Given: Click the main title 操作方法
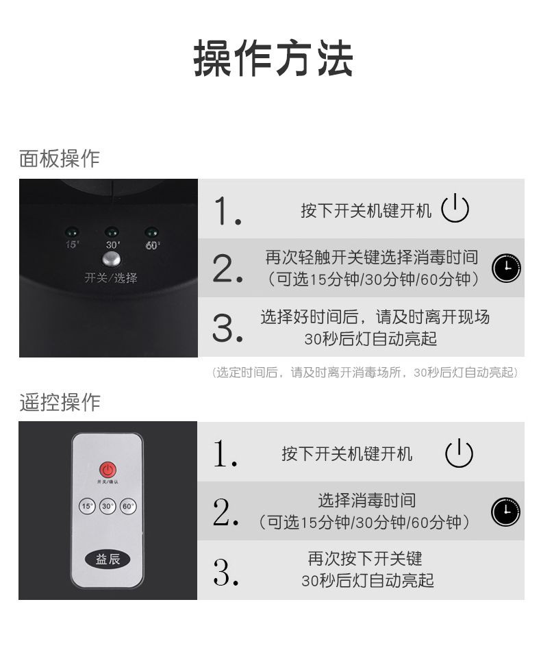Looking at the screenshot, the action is pyautogui.click(x=273, y=58).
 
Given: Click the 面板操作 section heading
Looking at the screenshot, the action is pyautogui.click(x=60, y=158).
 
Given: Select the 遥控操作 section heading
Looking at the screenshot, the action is pyautogui.click(x=60, y=402).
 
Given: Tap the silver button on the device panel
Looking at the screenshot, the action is pyautogui.click(x=112, y=259).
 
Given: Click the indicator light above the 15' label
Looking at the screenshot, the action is pyautogui.click(x=72, y=232).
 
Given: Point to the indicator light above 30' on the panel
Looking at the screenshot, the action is pyautogui.click(x=112, y=232).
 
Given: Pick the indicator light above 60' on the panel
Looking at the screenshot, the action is pyautogui.click(x=151, y=232).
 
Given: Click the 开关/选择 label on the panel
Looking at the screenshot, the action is pyautogui.click(x=111, y=277).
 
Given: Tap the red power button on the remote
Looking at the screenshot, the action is pyautogui.click(x=108, y=470).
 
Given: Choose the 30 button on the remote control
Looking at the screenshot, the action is pyautogui.click(x=108, y=506).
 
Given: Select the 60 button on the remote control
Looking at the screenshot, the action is pyautogui.click(x=128, y=506).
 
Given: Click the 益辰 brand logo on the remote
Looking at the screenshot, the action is pyautogui.click(x=108, y=560).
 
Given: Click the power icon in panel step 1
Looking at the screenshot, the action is pyautogui.click(x=455, y=208).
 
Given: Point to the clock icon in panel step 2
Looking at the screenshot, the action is pyautogui.click(x=507, y=268).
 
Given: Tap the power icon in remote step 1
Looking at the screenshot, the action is pyautogui.click(x=459, y=453).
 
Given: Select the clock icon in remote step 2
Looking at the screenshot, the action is pyautogui.click(x=505, y=512).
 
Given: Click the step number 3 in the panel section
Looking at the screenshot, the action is pyautogui.click(x=227, y=329).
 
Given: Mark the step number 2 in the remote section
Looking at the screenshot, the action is pyautogui.click(x=226, y=512).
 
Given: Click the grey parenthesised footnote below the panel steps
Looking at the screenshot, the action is pyautogui.click(x=365, y=372).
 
